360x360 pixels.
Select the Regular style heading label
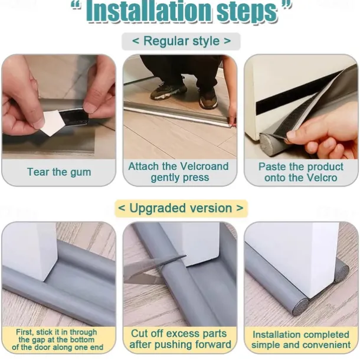pyautogui.click(x=181, y=41)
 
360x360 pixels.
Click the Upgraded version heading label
pyautogui.click(x=181, y=208)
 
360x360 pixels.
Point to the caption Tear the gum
pyautogui.click(x=59, y=172)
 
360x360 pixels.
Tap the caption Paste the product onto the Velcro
pyautogui.click(x=301, y=172)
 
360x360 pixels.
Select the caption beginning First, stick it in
pyautogui.click(x=57, y=339)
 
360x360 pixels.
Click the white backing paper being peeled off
pyautogui.click(x=53, y=122)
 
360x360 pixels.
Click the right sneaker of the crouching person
pyautogui.click(x=208, y=99)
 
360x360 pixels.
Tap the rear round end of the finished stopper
pyautogui.click(x=341, y=274)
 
